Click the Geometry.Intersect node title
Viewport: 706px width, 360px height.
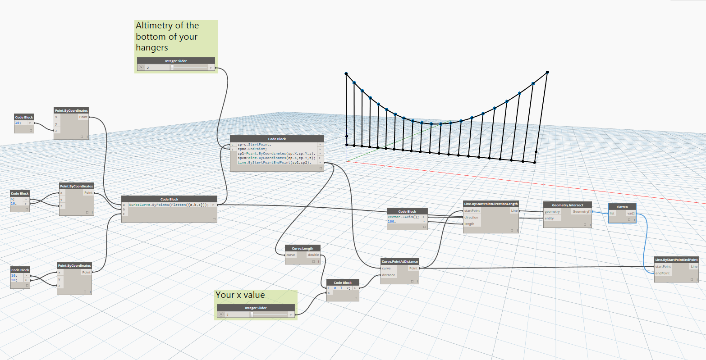click(x=567, y=205)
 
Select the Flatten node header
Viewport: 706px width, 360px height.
click(x=622, y=207)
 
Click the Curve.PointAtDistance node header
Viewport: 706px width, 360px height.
click(x=400, y=261)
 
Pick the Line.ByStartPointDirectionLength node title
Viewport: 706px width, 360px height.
click(x=491, y=204)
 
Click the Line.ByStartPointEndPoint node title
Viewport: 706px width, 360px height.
click(x=677, y=260)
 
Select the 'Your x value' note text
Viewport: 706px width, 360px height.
click(x=240, y=295)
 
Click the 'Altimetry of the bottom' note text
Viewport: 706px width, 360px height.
click(x=167, y=36)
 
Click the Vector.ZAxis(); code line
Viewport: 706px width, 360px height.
click(x=403, y=217)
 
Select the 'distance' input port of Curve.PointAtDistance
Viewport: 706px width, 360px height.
click(x=389, y=275)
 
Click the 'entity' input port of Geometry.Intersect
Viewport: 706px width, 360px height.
click(x=550, y=218)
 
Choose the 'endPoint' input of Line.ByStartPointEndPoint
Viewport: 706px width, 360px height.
click(x=663, y=273)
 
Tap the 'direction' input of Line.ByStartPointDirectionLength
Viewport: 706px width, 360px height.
click(x=472, y=217)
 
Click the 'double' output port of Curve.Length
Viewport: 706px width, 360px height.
click(x=313, y=255)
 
